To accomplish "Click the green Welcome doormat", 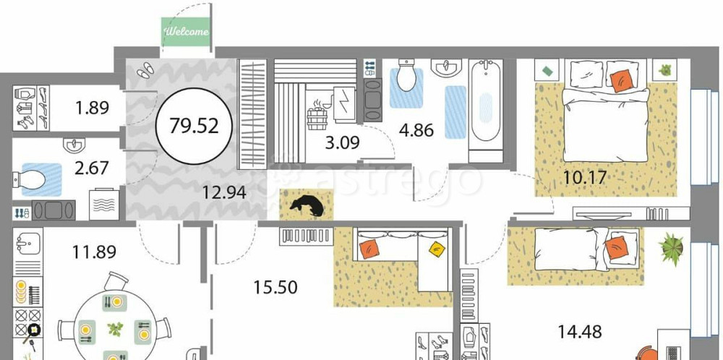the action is point(186,32).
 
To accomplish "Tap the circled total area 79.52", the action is point(194,125).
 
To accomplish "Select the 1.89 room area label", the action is point(93,108).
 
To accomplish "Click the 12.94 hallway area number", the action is point(224,192).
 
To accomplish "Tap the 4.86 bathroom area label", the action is point(416,130).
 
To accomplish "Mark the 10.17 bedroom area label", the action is point(585,177).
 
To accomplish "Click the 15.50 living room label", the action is point(275,288).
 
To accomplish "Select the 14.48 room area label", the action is point(580,331).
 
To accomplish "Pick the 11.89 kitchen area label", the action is point(94,252).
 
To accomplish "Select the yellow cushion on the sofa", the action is point(437,249).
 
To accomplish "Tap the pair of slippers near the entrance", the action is point(145,70).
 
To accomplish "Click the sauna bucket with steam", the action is point(317,116).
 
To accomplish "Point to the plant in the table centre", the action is point(115,329).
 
